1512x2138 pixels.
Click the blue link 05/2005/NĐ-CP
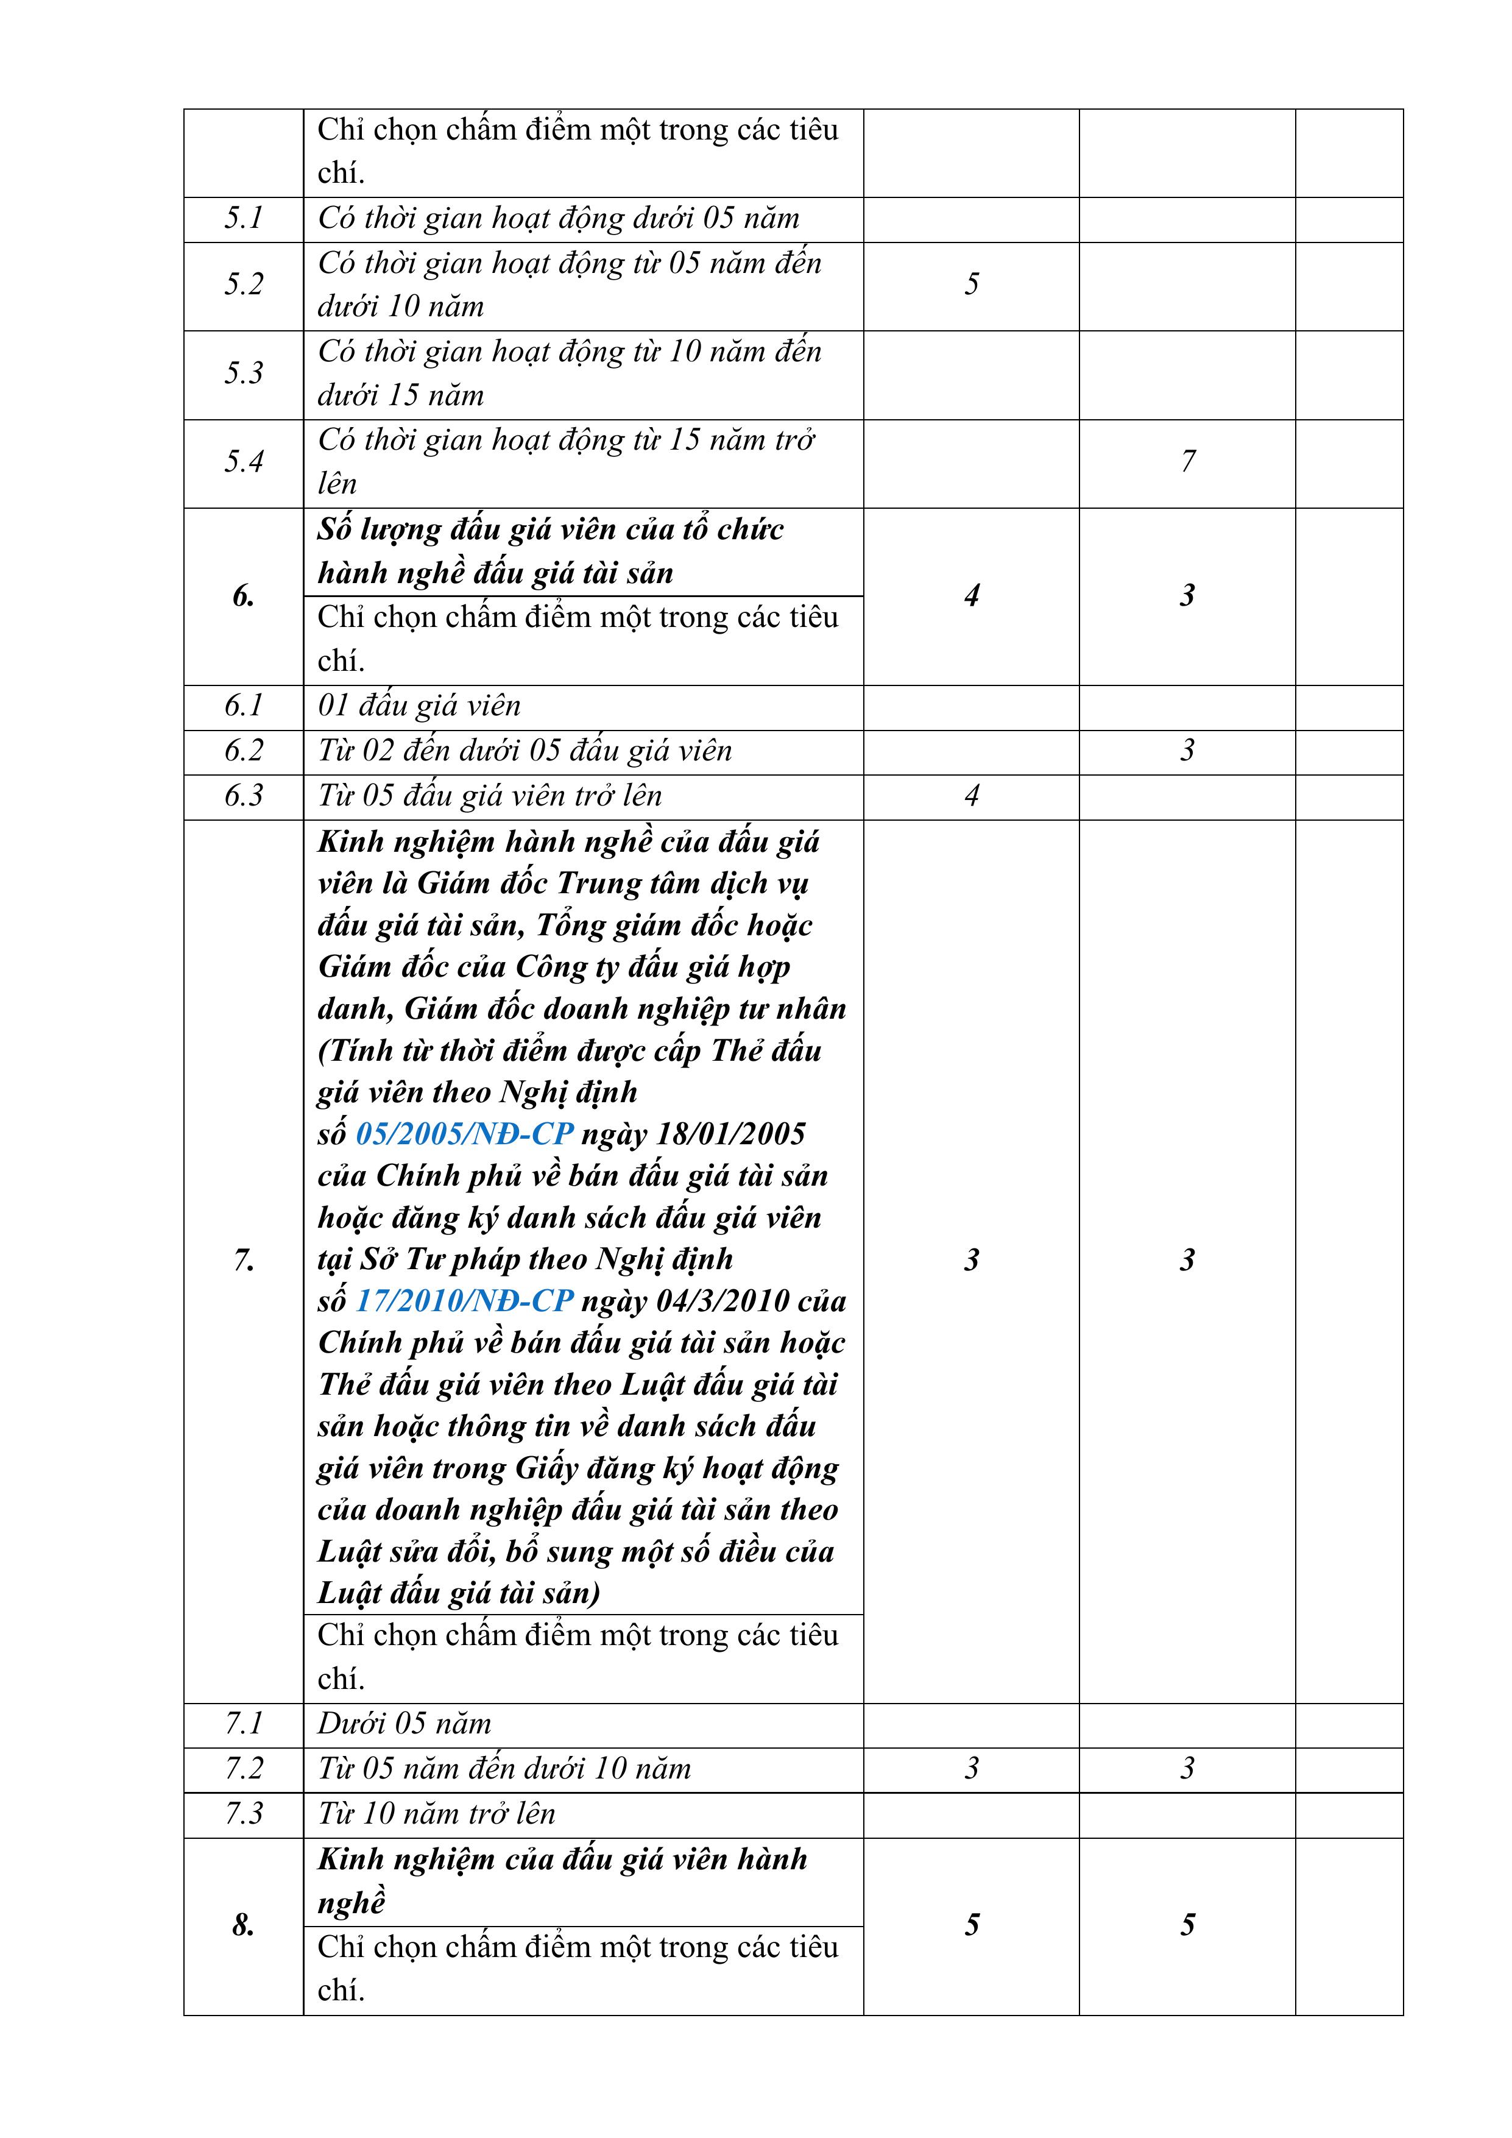[x=465, y=1134]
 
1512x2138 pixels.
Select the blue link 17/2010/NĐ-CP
[x=465, y=1301]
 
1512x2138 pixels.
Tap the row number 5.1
[x=243, y=219]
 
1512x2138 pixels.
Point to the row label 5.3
[x=243, y=373]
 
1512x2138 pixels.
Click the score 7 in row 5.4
[x=1187, y=462]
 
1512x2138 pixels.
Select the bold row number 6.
[x=243, y=596]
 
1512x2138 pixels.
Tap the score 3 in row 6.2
[x=1187, y=751]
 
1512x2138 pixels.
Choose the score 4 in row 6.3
[x=971, y=796]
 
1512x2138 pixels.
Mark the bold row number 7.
[x=243, y=1261]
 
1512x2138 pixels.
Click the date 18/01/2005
[x=731, y=1134]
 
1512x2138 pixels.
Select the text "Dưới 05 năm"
[x=404, y=1724]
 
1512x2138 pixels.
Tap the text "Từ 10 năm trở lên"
[x=437, y=1814]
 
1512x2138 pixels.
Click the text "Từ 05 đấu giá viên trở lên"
[x=490, y=796]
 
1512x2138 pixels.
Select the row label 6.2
[x=243, y=751]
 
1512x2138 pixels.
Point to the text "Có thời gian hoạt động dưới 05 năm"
[x=559, y=219]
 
